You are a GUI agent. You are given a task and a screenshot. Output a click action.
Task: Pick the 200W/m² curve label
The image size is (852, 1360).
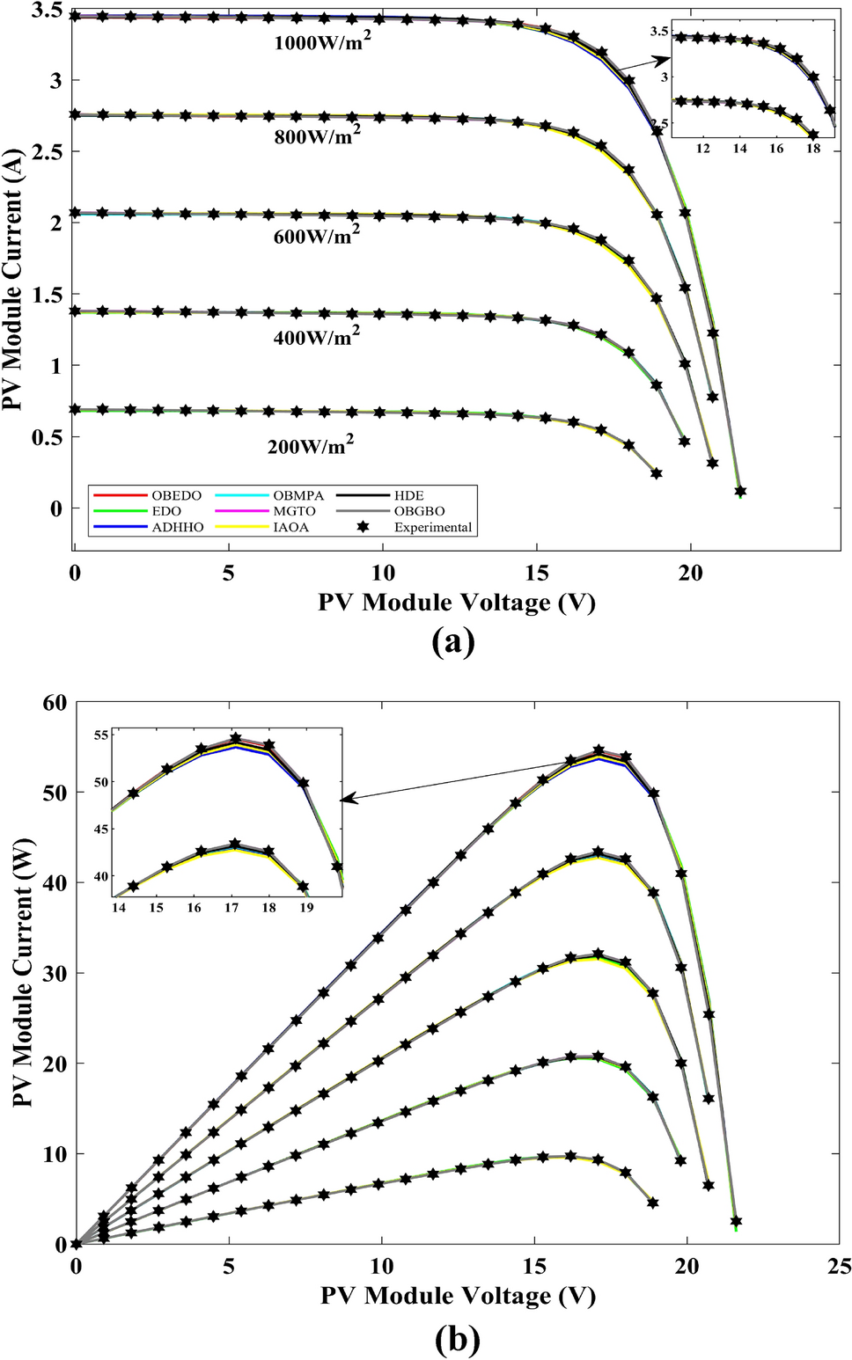coord(311,445)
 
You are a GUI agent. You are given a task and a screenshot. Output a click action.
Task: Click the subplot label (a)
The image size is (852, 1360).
coord(454,641)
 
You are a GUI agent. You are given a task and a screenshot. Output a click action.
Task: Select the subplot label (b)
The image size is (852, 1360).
coord(458,1340)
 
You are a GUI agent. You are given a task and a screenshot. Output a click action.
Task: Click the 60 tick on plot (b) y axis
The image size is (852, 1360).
coord(55,702)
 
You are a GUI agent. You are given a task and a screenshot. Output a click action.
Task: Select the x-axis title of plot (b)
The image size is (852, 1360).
coord(458,1295)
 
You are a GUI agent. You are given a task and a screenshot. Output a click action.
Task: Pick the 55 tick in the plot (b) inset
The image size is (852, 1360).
coord(99,735)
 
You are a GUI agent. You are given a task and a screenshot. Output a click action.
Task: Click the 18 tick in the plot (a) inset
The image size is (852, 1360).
coord(813,149)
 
